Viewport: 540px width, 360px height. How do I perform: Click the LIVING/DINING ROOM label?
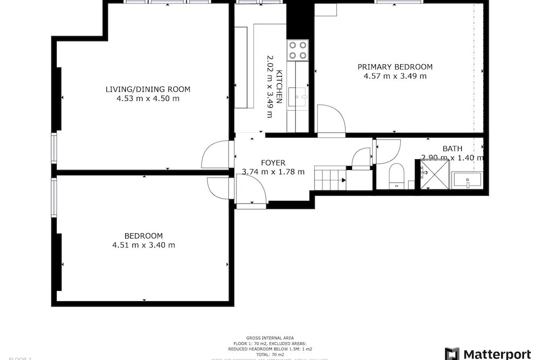147,89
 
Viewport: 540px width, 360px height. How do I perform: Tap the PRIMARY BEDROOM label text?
395,67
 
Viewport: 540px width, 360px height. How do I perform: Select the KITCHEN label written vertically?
279,86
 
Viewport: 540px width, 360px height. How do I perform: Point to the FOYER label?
273,162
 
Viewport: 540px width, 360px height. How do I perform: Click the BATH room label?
452,148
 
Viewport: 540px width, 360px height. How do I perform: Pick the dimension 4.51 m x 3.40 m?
143,245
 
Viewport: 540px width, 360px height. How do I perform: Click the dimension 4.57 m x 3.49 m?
395,76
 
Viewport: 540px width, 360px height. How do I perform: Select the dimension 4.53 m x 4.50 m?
147,98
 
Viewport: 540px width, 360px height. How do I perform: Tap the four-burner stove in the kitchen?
297,50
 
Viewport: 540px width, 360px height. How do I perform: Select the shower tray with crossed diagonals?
435,174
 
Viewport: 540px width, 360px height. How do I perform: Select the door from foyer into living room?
216,154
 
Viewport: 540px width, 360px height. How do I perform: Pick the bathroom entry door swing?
387,152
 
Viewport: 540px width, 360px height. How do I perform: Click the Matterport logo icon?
451,354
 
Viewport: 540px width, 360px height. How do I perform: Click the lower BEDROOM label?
143,236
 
